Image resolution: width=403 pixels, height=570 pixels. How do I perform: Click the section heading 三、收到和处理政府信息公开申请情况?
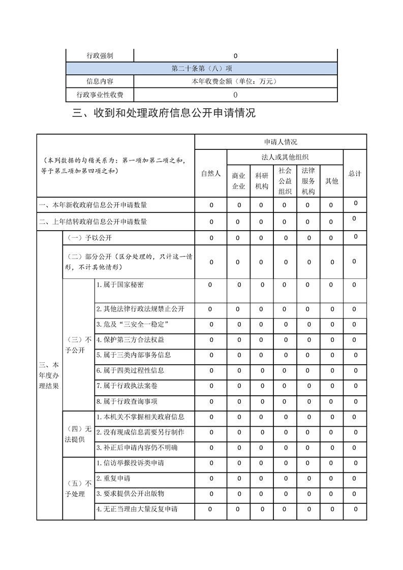pos(164,113)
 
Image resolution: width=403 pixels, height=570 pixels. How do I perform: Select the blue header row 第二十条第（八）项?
pos(202,69)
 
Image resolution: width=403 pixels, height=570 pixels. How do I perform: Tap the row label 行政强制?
pos(100,56)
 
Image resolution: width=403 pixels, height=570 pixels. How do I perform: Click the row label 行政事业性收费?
pos(100,94)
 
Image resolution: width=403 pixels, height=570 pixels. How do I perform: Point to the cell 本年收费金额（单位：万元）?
pos(234,81)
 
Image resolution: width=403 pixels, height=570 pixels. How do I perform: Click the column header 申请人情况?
pos(280,142)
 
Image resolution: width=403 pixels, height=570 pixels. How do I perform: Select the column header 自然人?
pos(211,174)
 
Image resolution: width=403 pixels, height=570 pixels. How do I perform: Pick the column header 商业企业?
pos(238,181)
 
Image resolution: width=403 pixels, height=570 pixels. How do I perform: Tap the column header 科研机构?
pos(261,181)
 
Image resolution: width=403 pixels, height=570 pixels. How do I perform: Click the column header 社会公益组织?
pos(285,181)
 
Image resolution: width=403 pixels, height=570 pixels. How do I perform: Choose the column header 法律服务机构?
pos(308,181)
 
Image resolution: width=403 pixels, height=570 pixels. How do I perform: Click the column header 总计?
pos(355,174)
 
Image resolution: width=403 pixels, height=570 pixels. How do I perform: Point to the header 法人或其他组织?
pos(285,157)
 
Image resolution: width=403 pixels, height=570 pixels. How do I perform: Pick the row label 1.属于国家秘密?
pos(120,285)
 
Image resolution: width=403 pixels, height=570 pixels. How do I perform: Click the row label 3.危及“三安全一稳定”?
pos(132,324)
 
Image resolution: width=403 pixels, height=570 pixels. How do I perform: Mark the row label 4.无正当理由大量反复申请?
pos(137,509)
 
